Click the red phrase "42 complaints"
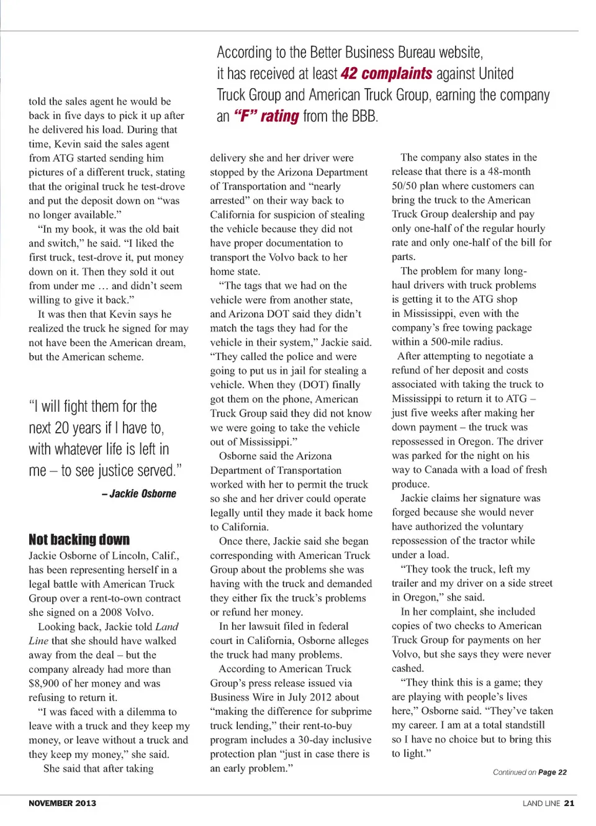point(386,74)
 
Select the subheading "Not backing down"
point(79,539)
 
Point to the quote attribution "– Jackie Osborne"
point(138,494)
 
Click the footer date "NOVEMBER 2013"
point(62,803)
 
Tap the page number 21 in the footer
point(569,803)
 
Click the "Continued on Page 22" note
point(530,772)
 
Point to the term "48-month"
point(509,171)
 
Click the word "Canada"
point(442,470)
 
